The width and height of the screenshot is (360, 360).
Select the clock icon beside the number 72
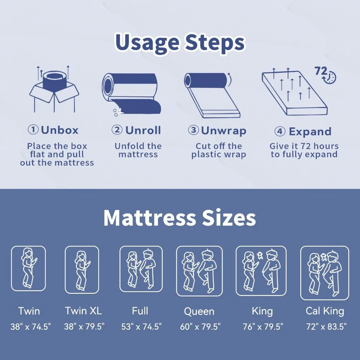click(329, 77)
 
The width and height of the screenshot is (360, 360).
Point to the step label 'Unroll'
click(143, 130)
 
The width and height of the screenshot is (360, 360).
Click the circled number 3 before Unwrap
click(193, 130)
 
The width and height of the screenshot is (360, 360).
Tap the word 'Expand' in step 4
click(310, 132)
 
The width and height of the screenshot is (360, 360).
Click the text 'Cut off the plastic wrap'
click(219, 150)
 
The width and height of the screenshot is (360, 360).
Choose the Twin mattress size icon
click(28, 268)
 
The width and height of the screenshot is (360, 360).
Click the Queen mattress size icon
click(199, 271)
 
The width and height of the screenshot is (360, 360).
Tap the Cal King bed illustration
click(325, 273)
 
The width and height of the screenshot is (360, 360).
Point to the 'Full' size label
click(140, 311)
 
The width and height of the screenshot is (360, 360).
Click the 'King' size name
click(262, 311)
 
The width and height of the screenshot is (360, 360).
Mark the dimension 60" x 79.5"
click(200, 327)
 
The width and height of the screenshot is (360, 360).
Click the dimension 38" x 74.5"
click(31, 327)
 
